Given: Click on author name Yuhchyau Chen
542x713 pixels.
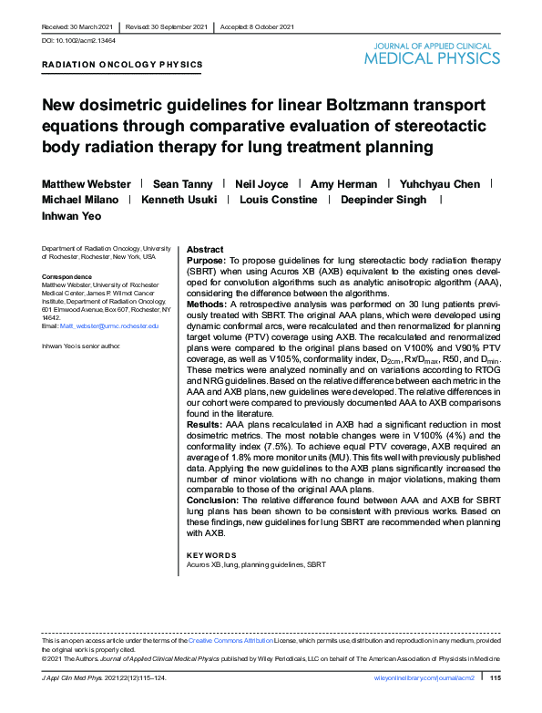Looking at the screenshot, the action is coord(442,183).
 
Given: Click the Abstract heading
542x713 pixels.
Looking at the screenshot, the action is coord(204,249).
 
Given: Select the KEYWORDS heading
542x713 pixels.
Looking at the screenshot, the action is coord(210,554).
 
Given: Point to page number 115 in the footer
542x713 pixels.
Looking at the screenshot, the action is coord(496,678).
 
